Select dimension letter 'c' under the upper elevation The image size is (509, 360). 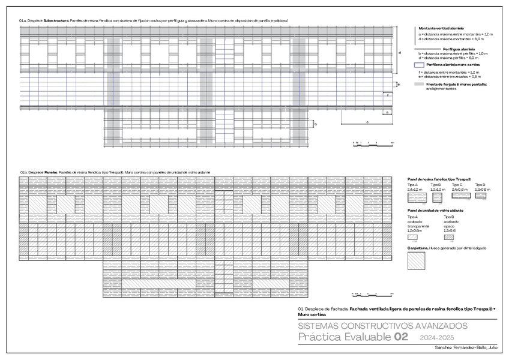(x=367, y=122)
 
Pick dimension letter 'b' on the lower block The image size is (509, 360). (x=316, y=124)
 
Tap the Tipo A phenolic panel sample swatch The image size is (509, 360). (x=415, y=196)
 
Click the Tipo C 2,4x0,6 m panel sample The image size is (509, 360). (x=459, y=196)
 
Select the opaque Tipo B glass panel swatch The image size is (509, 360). (x=449, y=237)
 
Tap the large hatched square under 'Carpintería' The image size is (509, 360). (x=416, y=261)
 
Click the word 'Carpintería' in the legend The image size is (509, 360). (x=418, y=248)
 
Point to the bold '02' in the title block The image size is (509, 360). (x=400, y=337)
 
